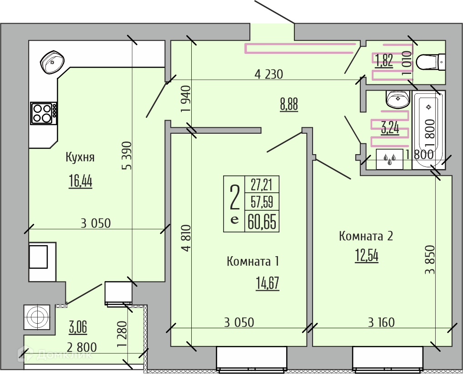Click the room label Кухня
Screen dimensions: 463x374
(80, 157)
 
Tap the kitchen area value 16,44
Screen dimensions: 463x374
(80, 181)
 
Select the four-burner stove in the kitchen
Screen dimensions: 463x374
(44, 113)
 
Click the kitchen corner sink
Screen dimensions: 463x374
(52, 62)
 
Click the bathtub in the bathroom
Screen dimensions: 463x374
(429, 130)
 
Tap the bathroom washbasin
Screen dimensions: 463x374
(398, 99)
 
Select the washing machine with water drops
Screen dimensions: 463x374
(389, 159)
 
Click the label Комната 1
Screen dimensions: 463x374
(253, 262)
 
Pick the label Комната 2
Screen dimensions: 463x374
(366, 236)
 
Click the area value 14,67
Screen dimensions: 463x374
(268, 283)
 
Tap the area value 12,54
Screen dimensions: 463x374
(367, 256)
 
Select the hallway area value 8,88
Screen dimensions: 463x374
(289, 105)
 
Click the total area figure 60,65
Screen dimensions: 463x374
(262, 222)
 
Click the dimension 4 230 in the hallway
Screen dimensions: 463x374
(269, 74)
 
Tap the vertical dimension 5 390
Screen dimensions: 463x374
(127, 155)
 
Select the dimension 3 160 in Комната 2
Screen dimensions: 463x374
(381, 322)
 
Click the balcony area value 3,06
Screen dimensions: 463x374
(78, 328)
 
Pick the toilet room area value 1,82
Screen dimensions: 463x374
(384, 61)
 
